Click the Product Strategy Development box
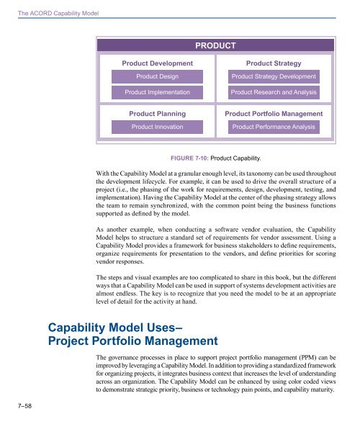[274, 76]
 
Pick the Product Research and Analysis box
[274, 93]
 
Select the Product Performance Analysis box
[274, 127]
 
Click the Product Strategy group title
[274, 63]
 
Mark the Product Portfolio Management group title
[274, 114]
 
